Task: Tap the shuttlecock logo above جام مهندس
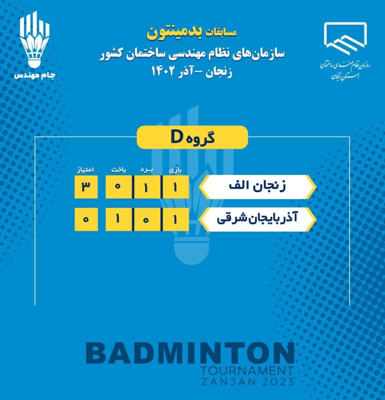click(x=35, y=39)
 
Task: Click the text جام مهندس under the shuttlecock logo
click(x=35, y=75)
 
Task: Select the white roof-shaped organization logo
click(x=345, y=39)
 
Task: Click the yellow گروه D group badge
click(x=192, y=137)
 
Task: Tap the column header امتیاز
click(x=85, y=170)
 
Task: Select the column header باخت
click(x=119, y=170)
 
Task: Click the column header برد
click(x=147, y=170)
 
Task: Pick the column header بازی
click(x=176, y=170)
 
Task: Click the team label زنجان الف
click(x=257, y=187)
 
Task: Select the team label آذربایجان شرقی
click(x=257, y=219)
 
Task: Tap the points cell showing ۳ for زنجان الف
click(x=86, y=187)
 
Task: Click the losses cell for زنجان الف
click(x=119, y=187)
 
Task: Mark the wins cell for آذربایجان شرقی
click(x=148, y=219)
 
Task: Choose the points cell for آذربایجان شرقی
click(x=86, y=219)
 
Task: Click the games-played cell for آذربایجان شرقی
click(x=176, y=219)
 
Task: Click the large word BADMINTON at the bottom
click(x=190, y=353)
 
